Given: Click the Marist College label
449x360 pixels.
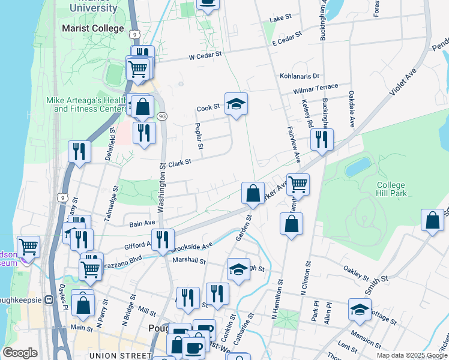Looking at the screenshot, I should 93,28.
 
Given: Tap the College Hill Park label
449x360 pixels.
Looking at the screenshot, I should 391,189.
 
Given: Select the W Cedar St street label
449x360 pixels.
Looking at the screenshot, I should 205,55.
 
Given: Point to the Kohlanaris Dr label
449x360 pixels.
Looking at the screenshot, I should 300,76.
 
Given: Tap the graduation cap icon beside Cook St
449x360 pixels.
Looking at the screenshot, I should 237,104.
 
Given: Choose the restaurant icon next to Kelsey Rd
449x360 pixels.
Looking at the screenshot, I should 322,140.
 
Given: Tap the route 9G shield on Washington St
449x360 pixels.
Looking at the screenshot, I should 162,115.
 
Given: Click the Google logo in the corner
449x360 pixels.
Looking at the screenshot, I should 20,352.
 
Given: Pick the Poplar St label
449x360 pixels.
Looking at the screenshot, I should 200,137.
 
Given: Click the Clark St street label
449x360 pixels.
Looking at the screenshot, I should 179,163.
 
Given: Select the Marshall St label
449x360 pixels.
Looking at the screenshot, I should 189,262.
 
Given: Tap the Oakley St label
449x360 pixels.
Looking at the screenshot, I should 357,274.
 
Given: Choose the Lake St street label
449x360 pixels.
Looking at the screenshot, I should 280,19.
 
